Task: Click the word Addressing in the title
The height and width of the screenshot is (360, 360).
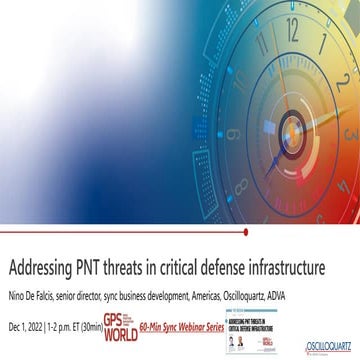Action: (43, 269)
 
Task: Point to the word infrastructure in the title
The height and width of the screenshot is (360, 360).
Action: (289, 269)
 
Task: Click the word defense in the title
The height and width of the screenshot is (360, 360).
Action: (225, 269)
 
